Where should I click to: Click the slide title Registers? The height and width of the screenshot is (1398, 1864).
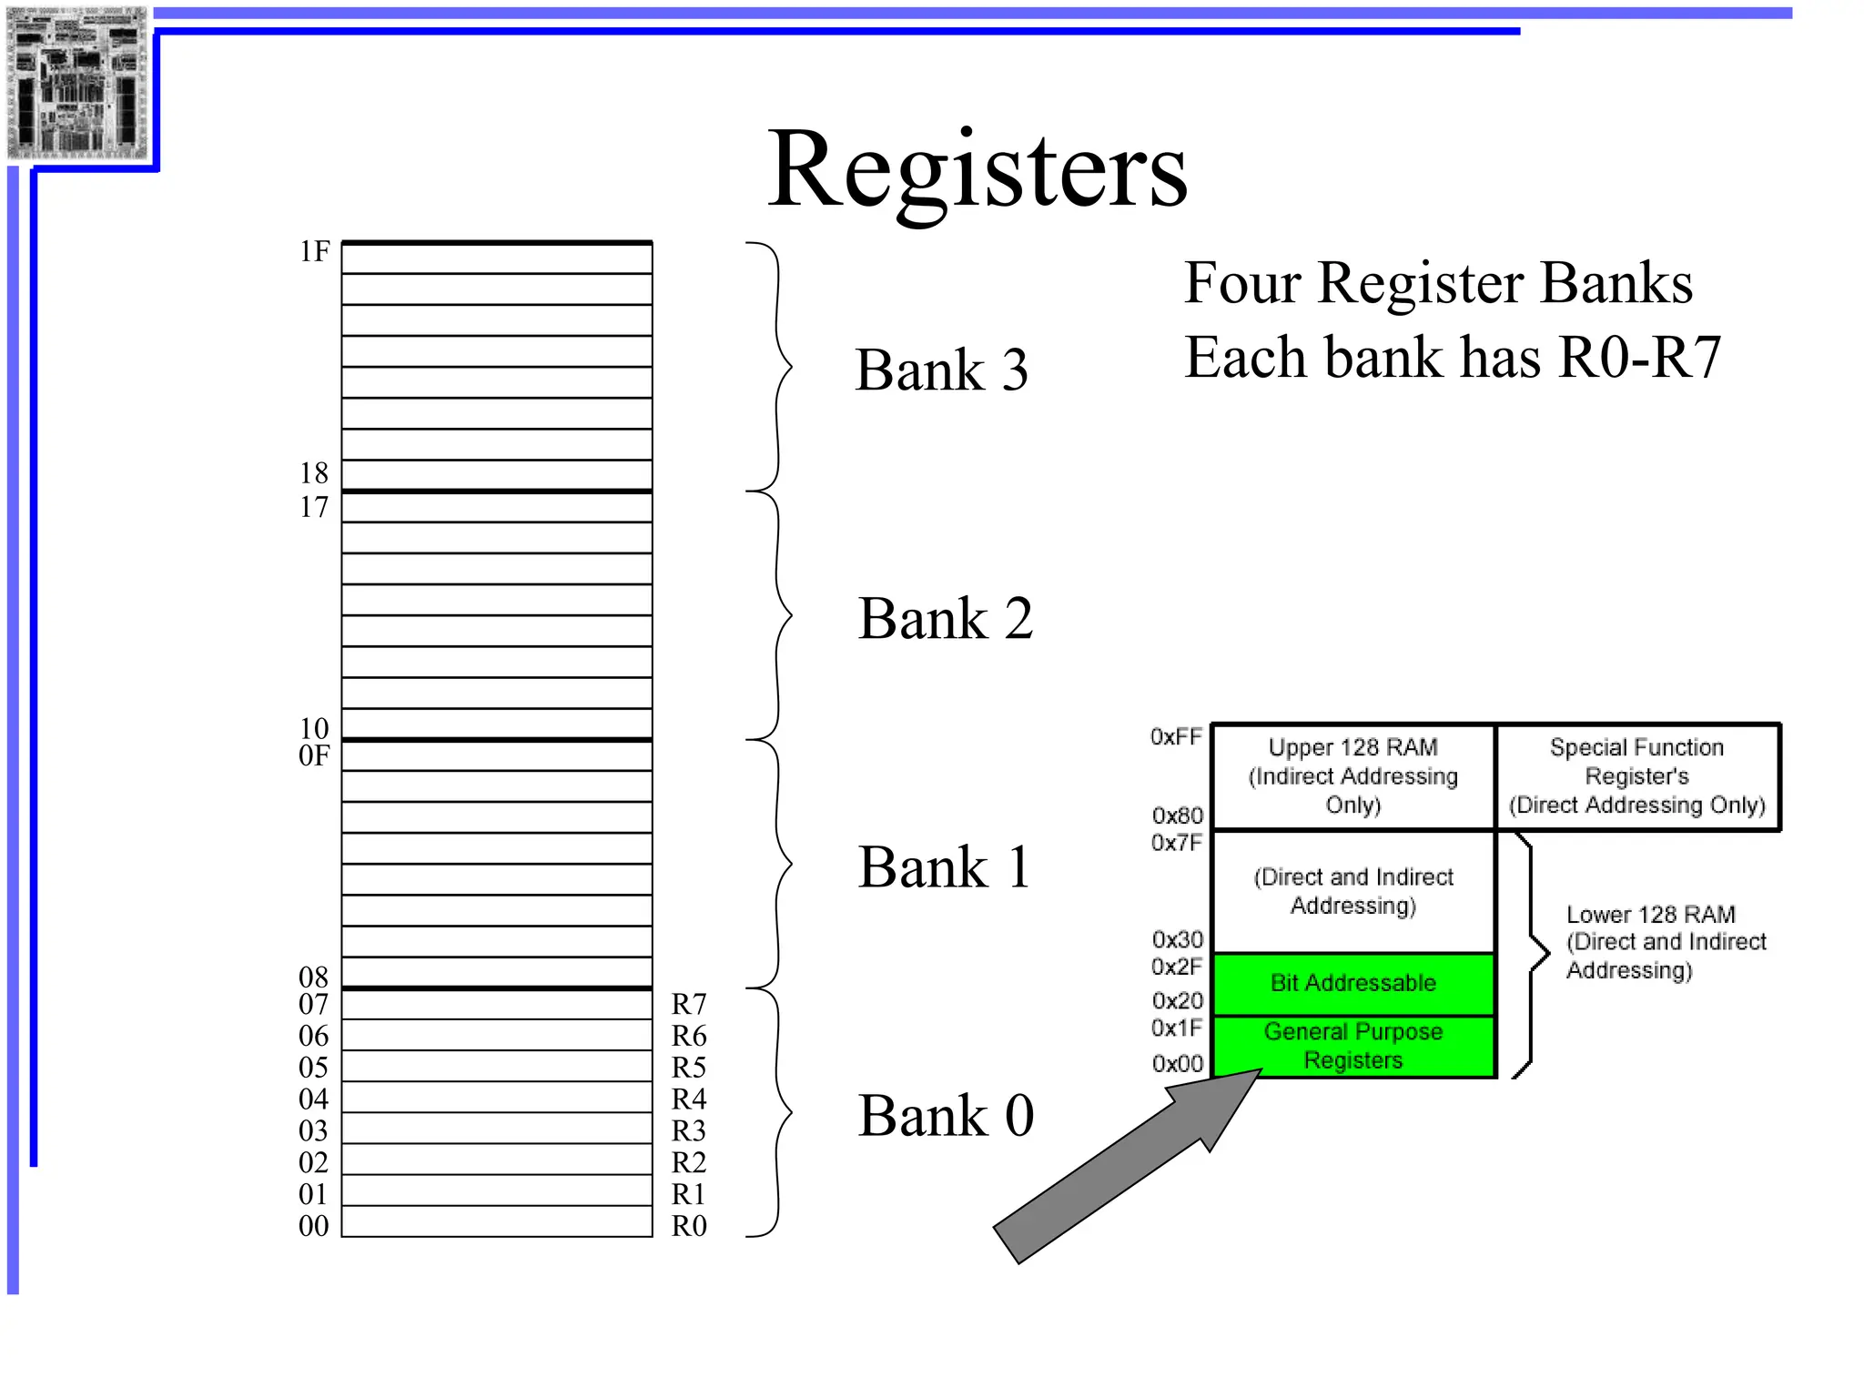tap(978, 170)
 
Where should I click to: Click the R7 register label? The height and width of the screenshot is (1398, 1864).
tap(689, 1004)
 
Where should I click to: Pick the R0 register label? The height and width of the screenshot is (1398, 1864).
tap(689, 1226)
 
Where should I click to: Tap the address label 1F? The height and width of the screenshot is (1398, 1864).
tap(315, 251)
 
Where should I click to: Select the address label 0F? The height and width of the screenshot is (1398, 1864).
tap(314, 755)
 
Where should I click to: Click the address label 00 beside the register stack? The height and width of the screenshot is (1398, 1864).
tap(314, 1226)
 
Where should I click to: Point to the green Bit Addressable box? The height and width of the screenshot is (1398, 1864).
tap(1353, 983)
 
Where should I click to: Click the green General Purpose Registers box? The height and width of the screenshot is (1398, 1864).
tap(1353, 1046)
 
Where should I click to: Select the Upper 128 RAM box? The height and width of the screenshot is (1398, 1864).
tap(1353, 776)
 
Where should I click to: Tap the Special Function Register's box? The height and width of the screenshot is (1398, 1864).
tap(1636, 776)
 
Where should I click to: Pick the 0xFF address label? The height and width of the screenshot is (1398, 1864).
tap(1176, 736)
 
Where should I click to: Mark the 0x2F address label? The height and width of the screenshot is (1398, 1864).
tap(1177, 966)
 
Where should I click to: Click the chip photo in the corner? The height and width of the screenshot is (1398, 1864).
tap(77, 83)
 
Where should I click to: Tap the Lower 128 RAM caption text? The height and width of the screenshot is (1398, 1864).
tap(1665, 942)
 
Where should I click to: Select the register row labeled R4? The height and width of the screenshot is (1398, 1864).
tap(497, 1097)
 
